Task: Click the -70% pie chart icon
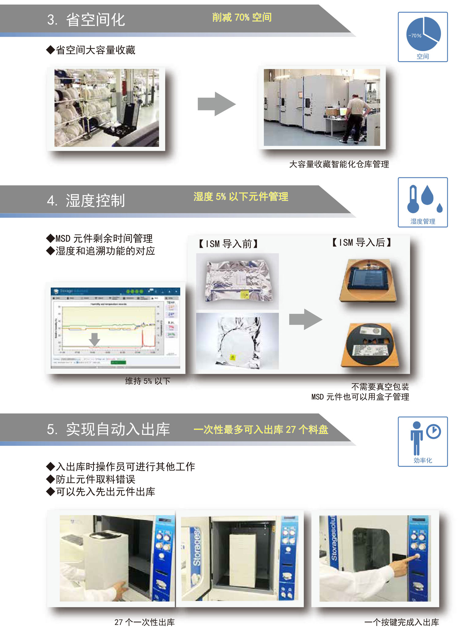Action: pyautogui.click(x=423, y=34)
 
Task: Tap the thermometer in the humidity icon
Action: pyautogui.click(x=413, y=199)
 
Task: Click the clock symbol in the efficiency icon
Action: pyautogui.click(x=433, y=431)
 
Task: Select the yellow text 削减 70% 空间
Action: pyautogui.click(x=242, y=17)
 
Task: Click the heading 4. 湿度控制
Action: pyautogui.click(x=86, y=201)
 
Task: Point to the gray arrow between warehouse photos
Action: pyautogui.click(x=217, y=104)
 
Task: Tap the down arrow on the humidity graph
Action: pyautogui.click(x=95, y=339)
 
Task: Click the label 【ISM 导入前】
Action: pyautogui.click(x=228, y=244)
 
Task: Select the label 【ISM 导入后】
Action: pyautogui.click(x=361, y=243)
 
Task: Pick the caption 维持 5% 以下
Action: pyautogui.click(x=147, y=381)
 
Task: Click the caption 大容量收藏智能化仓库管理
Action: pyautogui.click(x=339, y=164)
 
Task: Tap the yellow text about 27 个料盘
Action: pyautogui.click(x=261, y=430)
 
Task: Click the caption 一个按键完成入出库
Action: pyautogui.click(x=401, y=622)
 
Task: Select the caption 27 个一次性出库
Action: pyautogui.click(x=144, y=622)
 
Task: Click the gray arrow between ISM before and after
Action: pyautogui.click(x=305, y=319)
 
